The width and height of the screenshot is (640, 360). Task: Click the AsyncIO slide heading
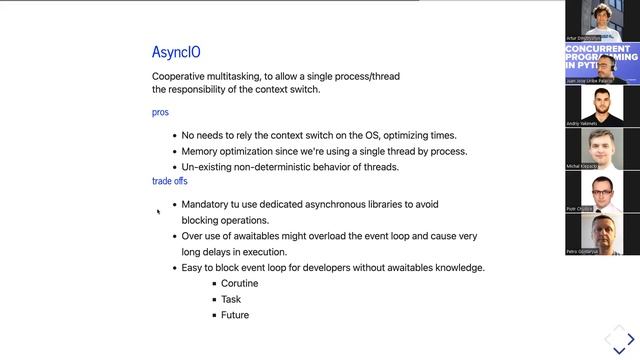pos(176,52)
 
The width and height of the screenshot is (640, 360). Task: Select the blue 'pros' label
pos(160,112)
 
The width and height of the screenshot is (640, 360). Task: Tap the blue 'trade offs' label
pos(169,181)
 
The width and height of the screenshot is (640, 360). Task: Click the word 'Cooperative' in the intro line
pos(180,76)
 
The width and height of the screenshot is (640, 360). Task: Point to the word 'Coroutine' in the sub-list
pos(239,283)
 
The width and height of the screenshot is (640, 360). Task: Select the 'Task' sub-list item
pos(231,299)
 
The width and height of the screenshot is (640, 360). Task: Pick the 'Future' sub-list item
pos(235,315)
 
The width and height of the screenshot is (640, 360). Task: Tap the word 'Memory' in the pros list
pos(200,151)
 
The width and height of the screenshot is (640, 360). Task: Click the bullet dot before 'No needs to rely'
pos(174,135)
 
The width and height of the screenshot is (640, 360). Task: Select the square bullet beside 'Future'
pos(214,316)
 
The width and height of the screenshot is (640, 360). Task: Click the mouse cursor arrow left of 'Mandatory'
pos(158,211)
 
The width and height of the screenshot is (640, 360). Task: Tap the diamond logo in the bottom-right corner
pos(619,338)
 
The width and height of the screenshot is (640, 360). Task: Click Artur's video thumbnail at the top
pos(602,21)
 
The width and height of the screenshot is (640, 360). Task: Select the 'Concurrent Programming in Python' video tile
pos(602,63)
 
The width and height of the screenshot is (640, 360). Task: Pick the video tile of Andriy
pos(602,106)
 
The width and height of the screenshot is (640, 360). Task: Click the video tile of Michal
pos(602,149)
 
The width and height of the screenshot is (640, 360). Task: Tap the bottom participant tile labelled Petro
pos(602,234)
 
